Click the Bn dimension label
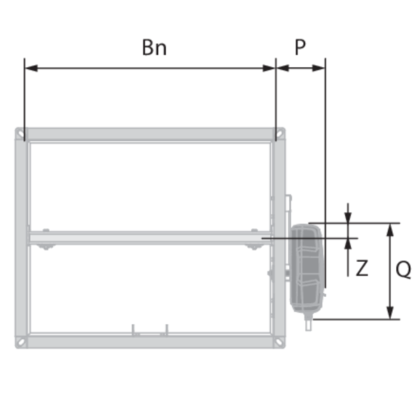pyautogui.click(x=154, y=48)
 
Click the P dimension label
pyautogui.click(x=300, y=48)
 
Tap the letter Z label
pyautogui.click(x=362, y=267)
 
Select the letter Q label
pyautogui.click(x=403, y=269)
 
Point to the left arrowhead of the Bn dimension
pyautogui.click(x=31, y=68)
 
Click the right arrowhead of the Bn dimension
pyautogui.click(x=269, y=68)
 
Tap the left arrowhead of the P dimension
pyautogui.click(x=282, y=68)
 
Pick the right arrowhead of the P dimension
pyautogui.click(x=318, y=68)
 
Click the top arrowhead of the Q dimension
pyautogui.click(x=391, y=230)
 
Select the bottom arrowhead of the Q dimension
pyautogui.click(x=391, y=313)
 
